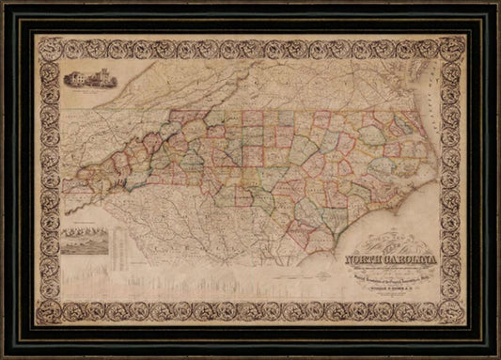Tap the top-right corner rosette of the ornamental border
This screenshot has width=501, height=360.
[x=456, y=44]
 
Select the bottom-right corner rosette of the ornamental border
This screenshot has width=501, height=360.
[x=456, y=315]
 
